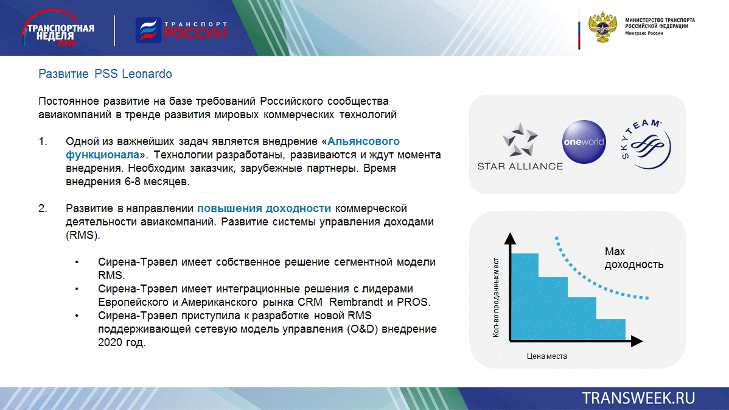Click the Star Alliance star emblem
tap(520, 140)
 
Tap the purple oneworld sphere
tap(584, 142)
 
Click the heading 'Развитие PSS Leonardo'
tap(105, 74)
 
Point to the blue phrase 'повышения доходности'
tap(264, 208)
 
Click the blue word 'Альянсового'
tap(363, 141)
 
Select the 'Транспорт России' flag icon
tap(148, 30)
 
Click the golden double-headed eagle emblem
tap(602, 27)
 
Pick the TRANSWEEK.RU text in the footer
tap(638, 398)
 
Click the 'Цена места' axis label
tap(546, 356)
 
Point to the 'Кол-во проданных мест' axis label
tap(496, 297)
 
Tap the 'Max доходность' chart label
tap(633, 258)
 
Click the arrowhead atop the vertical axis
tap(510, 238)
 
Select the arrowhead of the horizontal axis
tap(637, 341)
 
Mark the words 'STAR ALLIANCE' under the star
tap(520, 166)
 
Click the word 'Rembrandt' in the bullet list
tap(356, 302)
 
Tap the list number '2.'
tap(43, 208)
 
